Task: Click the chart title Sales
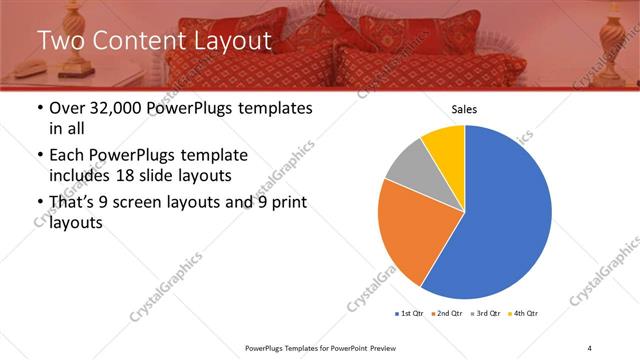pos(464,109)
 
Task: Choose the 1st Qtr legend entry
pos(411,313)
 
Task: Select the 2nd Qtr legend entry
pos(447,313)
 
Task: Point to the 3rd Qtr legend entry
pos(484,313)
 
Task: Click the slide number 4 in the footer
pos(590,347)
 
